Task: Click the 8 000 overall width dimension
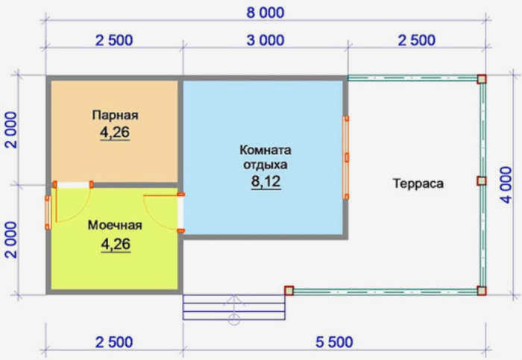coord(265,13)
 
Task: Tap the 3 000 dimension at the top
coord(265,40)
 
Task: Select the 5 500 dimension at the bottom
coord(334,342)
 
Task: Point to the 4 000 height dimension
coord(506,185)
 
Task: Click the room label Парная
coord(115,115)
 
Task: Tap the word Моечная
coord(115,225)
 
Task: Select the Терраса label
coord(418,183)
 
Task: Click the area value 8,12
coord(266,182)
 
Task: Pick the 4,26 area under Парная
coord(115,133)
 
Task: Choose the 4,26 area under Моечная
coord(116,244)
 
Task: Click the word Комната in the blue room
coord(265,150)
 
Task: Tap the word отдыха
coord(265,165)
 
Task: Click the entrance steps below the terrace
coord(234,307)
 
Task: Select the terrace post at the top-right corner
coord(482,79)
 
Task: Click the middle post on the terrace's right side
coord(482,181)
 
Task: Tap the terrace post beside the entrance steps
coord(289,291)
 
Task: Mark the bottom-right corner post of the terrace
coord(482,291)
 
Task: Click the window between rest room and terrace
coord(346,157)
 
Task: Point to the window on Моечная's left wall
coord(48,212)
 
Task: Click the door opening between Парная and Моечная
coord(73,185)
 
